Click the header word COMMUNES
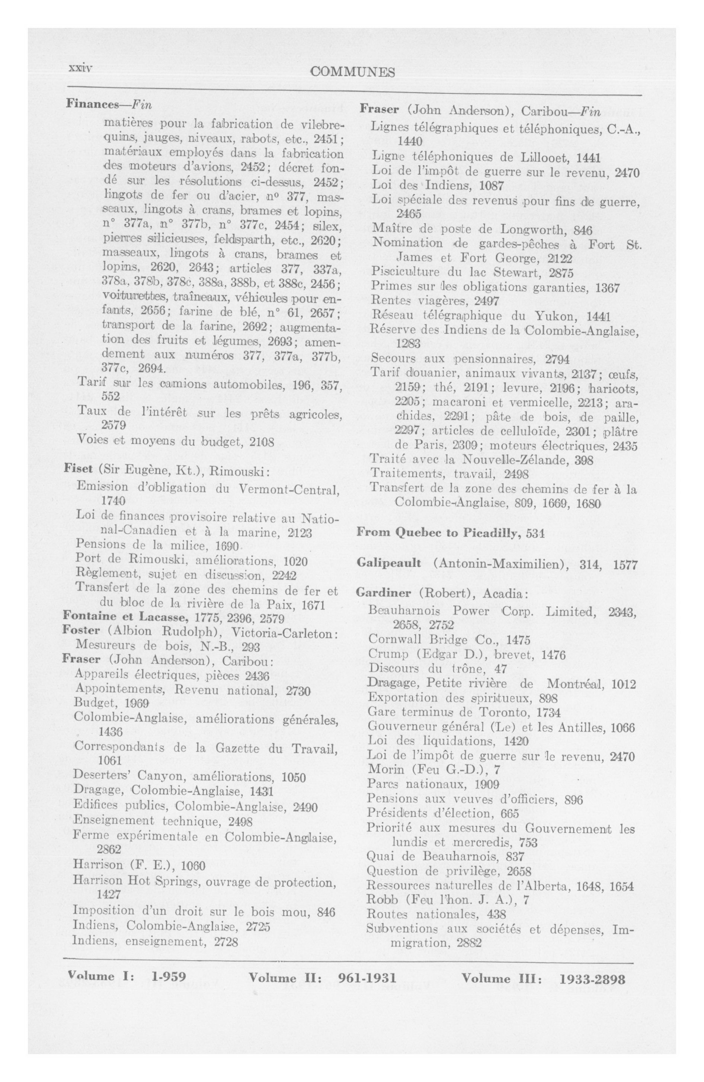(352, 72)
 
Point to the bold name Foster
(81, 631)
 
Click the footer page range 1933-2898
(592, 978)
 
